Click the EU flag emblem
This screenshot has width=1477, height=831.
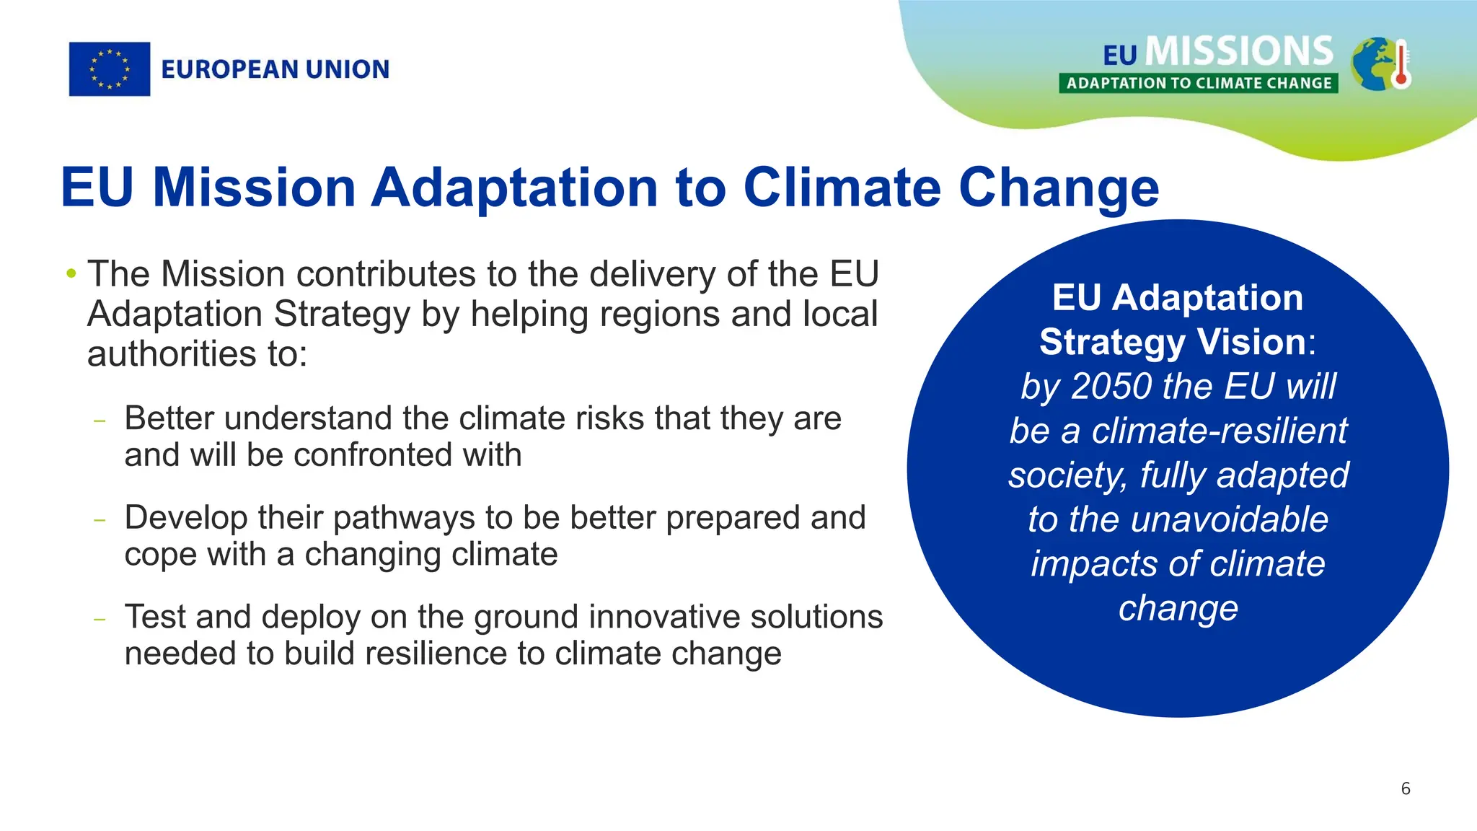click(110, 69)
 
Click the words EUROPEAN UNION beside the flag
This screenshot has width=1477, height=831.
click(275, 69)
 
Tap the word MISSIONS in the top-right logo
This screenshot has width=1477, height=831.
click(1239, 52)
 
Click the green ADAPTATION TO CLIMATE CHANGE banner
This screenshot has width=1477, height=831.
click(1199, 83)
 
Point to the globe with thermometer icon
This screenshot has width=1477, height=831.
click(1379, 65)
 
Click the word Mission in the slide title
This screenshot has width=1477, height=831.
click(254, 188)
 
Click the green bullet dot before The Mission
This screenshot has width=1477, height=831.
click(71, 274)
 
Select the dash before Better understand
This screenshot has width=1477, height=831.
click(100, 421)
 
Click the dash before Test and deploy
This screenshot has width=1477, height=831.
click(100, 619)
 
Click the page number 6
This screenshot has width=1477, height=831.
click(1406, 788)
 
